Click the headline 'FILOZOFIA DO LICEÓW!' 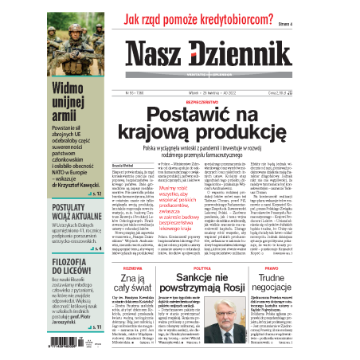tap(76, 260)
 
